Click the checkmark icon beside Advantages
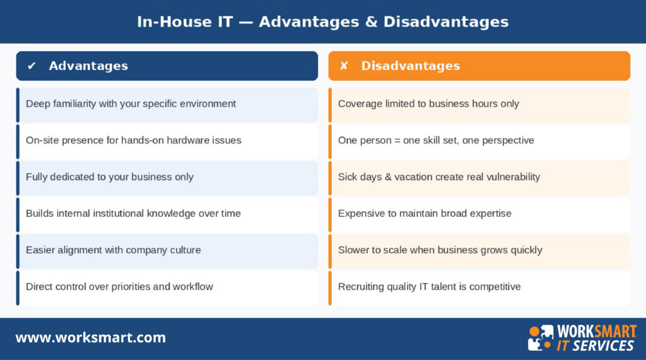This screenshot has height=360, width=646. click(x=32, y=66)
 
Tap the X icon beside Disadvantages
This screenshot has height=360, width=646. click(x=344, y=66)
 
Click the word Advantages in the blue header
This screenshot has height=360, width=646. click(x=88, y=66)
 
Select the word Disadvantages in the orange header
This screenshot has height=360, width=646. click(x=410, y=66)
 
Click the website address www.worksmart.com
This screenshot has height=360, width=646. click(x=90, y=337)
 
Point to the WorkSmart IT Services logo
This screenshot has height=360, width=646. click(x=582, y=338)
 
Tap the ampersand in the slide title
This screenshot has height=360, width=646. click(x=368, y=21)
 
